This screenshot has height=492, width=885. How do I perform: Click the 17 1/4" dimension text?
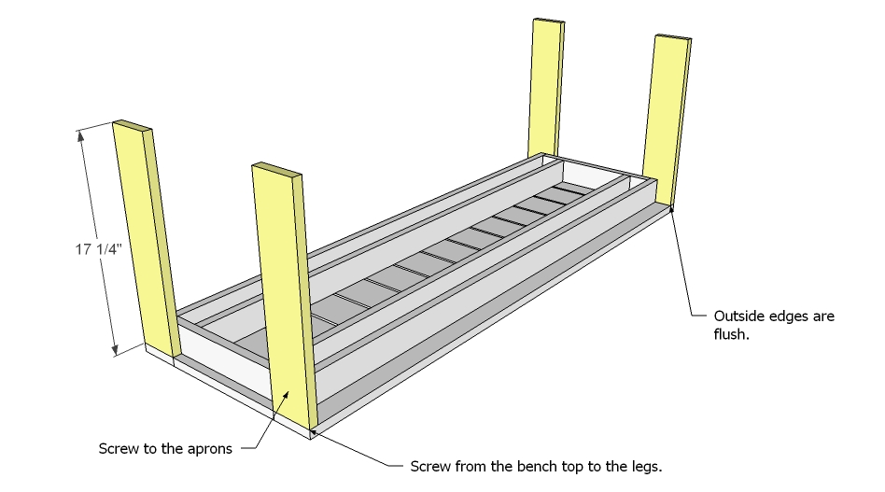click(x=99, y=249)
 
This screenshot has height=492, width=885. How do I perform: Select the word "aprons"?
click(x=209, y=449)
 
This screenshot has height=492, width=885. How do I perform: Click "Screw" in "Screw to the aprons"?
click(x=118, y=449)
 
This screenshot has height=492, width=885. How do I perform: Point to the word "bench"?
click(x=525, y=465)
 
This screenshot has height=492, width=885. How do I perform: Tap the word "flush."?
click(x=731, y=334)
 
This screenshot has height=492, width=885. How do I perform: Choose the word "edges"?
click(x=789, y=316)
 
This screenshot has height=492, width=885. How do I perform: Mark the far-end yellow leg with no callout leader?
click(x=545, y=84)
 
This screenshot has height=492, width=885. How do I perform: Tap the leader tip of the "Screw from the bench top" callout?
click(x=312, y=429)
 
